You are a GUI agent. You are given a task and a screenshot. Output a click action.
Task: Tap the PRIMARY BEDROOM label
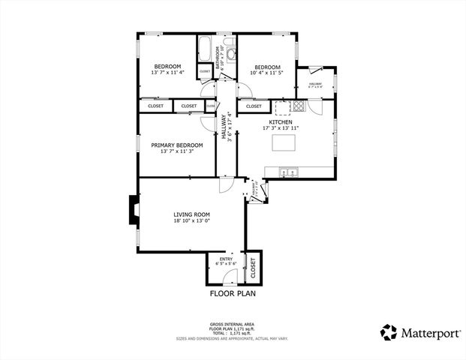pyautogui.click(x=176, y=145)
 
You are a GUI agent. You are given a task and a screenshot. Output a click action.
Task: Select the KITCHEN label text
pyautogui.click(x=281, y=121)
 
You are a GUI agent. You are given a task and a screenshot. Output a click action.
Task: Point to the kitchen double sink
pyautogui.click(x=288, y=173)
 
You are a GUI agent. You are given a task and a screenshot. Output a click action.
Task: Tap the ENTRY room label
pyautogui.click(x=225, y=259)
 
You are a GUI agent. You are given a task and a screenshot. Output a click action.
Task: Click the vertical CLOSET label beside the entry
pyautogui.click(x=253, y=268)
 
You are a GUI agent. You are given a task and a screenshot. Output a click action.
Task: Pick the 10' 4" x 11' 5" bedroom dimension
pyautogui.click(x=267, y=73)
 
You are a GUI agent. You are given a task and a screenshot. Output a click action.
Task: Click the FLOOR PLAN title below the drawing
pyautogui.click(x=233, y=294)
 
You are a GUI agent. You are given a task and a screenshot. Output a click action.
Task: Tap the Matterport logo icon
pyautogui.click(x=389, y=332)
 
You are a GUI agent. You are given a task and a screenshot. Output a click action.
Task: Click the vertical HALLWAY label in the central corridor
pyautogui.click(x=224, y=125)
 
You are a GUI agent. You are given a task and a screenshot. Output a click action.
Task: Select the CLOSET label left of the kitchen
pyautogui.click(x=254, y=106)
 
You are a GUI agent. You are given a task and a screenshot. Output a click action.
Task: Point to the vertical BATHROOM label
pyautogui.click(x=218, y=57)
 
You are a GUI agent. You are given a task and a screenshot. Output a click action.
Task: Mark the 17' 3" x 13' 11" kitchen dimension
pyautogui.click(x=281, y=128)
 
